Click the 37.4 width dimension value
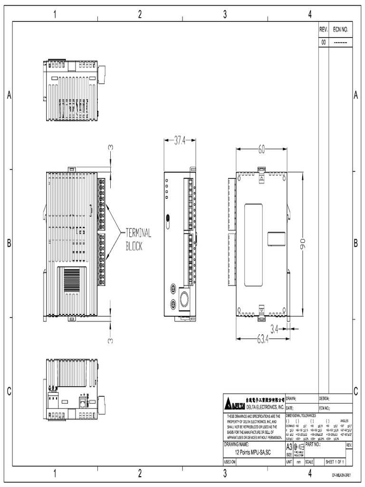coord(179,140)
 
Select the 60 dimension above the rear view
coord(262,149)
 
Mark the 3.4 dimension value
coord(274,328)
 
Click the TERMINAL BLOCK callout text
coord(138,240)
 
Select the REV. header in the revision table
coord(324,29)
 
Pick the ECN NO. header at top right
coord(340,29)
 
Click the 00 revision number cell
coord(324,42)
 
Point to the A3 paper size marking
coord(289,448)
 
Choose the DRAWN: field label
coord(292,399)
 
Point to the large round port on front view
coord(183,298)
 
